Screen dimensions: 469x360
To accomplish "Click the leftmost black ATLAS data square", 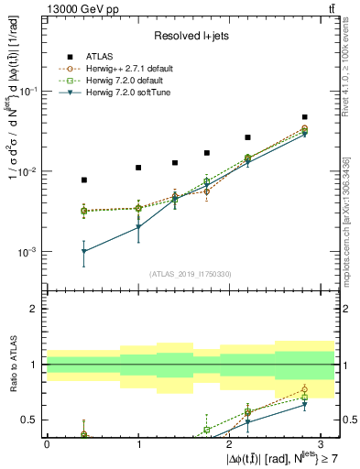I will click(x=84, y=180).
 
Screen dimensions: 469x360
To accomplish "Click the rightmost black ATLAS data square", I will click(x=304, y=117).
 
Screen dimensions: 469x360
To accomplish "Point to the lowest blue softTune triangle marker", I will click(x=84, y=251).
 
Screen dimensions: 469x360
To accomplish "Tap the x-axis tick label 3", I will click(x=321, y=443).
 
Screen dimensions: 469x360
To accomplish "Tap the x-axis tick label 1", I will click(x=138, y=443).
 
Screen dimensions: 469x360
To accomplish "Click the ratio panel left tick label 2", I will click(x=36, y=309).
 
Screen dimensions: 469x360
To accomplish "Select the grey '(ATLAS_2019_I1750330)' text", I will click(x=189, y=273).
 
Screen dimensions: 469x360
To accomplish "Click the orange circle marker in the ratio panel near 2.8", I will click(x=304, y=389).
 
